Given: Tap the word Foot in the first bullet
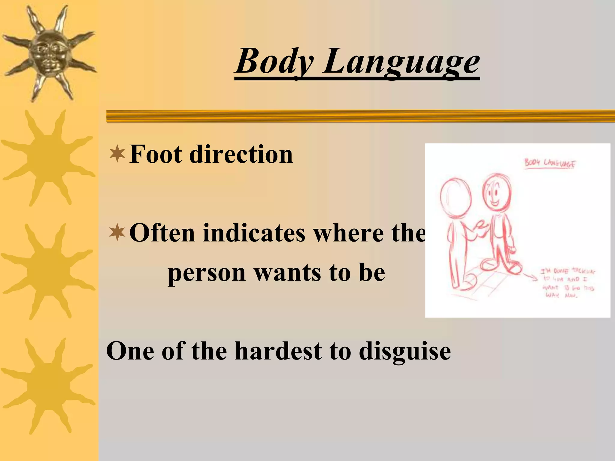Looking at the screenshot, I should tap(156, 154).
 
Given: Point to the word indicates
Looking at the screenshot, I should tap(254, 233).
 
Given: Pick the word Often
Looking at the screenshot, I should tap(162, 233).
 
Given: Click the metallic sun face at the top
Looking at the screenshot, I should tap(48, 54).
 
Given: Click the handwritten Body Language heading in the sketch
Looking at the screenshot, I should tap(550, 164).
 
